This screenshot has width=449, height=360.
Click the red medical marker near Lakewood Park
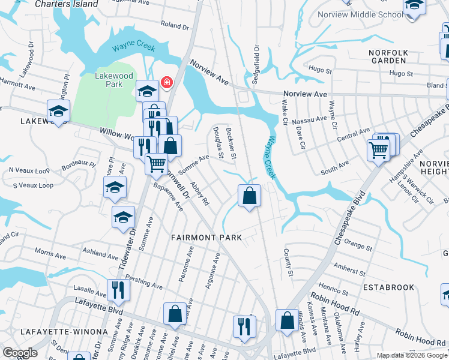coord(166,82)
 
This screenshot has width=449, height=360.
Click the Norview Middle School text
coord(369,14)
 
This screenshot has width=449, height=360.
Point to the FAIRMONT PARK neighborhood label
coord(206,238)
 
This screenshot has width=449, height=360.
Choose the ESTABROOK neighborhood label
coord(388,287)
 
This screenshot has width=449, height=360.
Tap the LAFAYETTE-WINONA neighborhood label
coord(56,332)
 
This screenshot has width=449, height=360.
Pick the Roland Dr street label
coord(175,26)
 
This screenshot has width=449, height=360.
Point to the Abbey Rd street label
coord(199,194)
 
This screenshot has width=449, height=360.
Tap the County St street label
coord(288,263)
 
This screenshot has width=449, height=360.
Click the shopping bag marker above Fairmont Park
coord(249,196)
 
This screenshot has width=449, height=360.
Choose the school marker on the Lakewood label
coord(59,111)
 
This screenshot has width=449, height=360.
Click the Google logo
coord(20,353)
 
